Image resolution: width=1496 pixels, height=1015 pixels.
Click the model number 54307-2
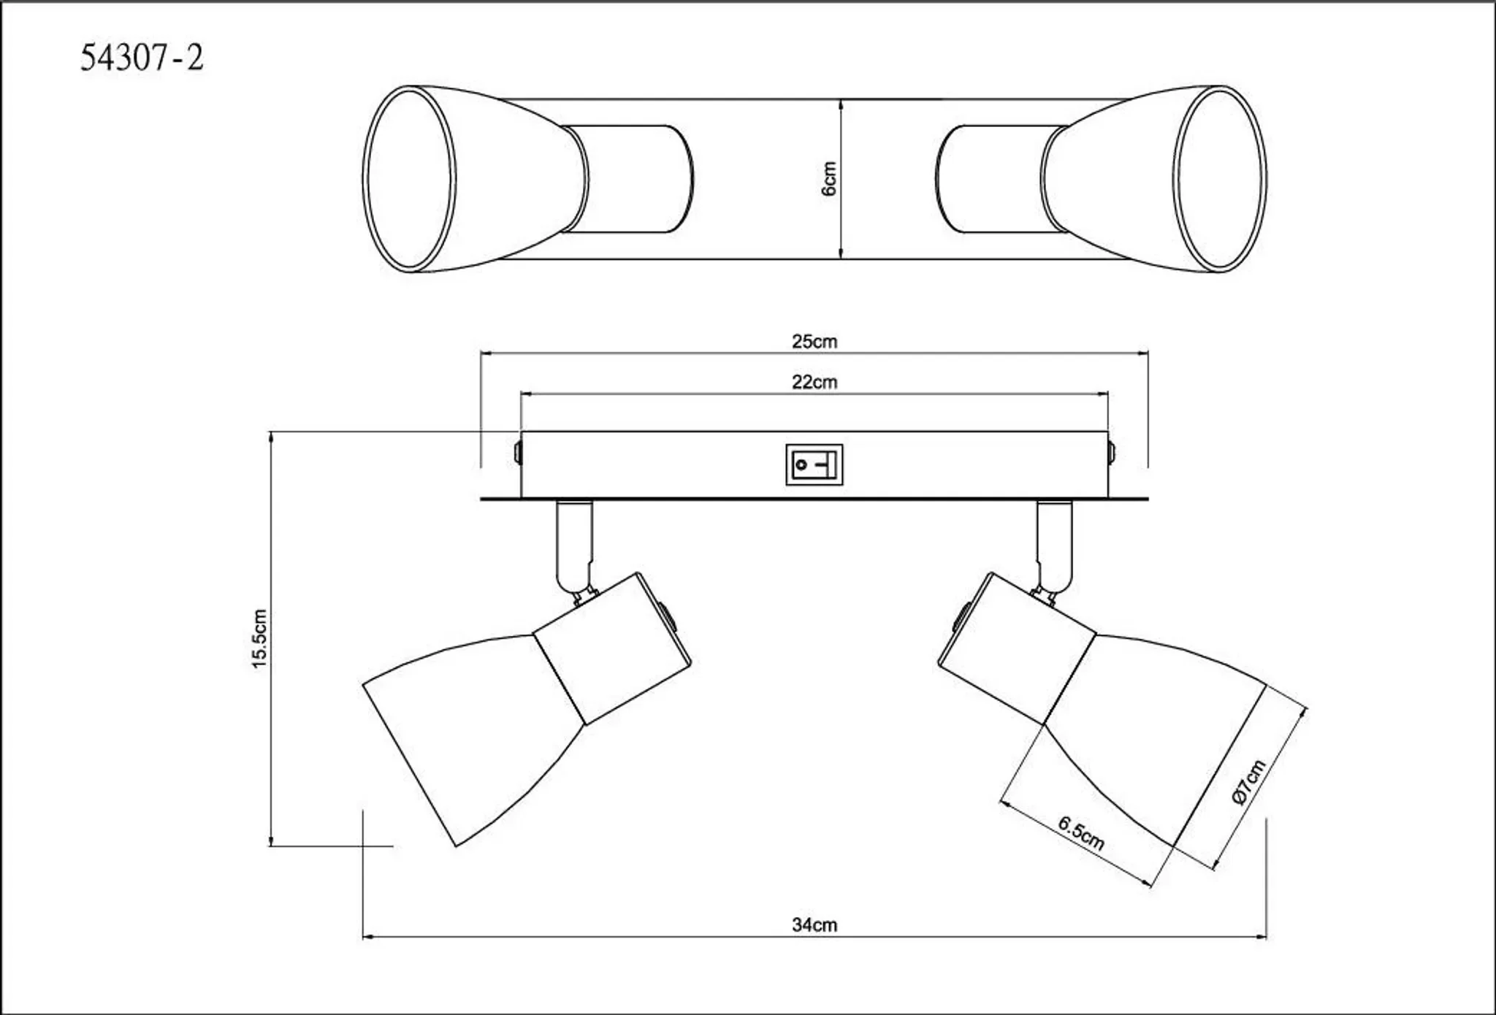pos(142,58)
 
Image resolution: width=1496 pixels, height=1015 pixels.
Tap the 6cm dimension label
pos(829,179)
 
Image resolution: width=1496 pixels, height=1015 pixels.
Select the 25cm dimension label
pos(814,342)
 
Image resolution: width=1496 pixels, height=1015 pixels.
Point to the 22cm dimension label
pos(814,382)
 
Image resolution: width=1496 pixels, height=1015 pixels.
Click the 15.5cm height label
pos(259,639)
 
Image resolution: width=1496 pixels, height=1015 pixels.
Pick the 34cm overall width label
pos(814,925)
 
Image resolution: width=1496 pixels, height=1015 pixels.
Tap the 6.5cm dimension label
pos(1081,833)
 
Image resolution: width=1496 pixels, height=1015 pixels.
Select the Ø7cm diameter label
pos(1248,782)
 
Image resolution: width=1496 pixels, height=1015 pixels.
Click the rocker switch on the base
pos(814,464)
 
